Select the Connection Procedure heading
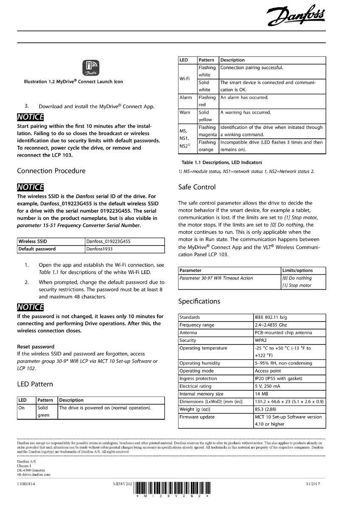(x=51, y=171)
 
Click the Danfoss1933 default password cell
(x=99, y=249)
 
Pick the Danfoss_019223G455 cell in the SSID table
(x=108, y=241)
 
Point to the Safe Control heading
(x=197, y=187)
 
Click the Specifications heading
(x=199, y=301)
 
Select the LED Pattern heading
(x=35, y=384)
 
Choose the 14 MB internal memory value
(x=262, y=394)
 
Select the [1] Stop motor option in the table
(x=297, y=285)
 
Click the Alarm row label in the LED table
(x=186, y=98)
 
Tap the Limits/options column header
(x=297, y=270)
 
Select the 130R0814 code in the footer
(x=26, y=484)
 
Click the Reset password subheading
(x=36, y=347)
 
